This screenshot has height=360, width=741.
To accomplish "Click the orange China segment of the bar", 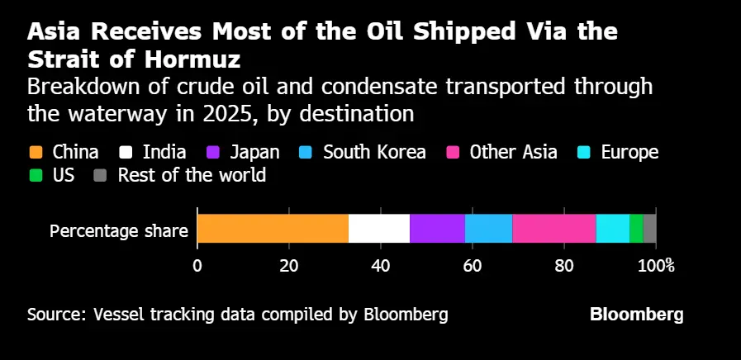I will pyautogui.click(x=273, y=229).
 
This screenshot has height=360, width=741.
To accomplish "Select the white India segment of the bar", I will pyautogui.click(x=378, y=229).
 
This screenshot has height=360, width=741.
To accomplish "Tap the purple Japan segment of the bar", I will pyautogui.click(x=437, y=229).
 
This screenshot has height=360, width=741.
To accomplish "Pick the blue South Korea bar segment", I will pyautogui.click(x=488, y=229).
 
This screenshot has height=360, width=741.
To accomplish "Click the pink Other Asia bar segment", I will pyautogui.click(x=553, y=229).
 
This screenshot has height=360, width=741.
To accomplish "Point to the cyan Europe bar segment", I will pyautogui.click(x=612, y=229).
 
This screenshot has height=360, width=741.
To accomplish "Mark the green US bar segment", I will pyautogui.click(x=636, y=229).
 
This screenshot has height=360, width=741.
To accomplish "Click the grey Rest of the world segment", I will pyautogui.click(x=649, y=229).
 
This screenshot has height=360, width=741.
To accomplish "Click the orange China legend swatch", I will pyautogui.click(x=36, y=152).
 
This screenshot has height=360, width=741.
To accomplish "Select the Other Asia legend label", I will pyautogui.click(x=513, y=152).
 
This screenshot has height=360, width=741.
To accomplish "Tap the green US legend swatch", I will pyautogui.click(x=36, y=175).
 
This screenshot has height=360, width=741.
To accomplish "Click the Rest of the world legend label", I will pyautogui.click(x=192, y=175).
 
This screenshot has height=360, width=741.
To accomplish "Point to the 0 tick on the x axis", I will pyautogui.click(x=197, y=266).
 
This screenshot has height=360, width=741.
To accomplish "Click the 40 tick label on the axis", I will pyautogui.click(x=380, y=266).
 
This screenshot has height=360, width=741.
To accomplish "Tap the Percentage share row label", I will pyautogui.click(x=119, y=231).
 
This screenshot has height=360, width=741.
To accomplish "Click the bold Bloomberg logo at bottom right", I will pyautogui.click(x=636, y=315).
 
